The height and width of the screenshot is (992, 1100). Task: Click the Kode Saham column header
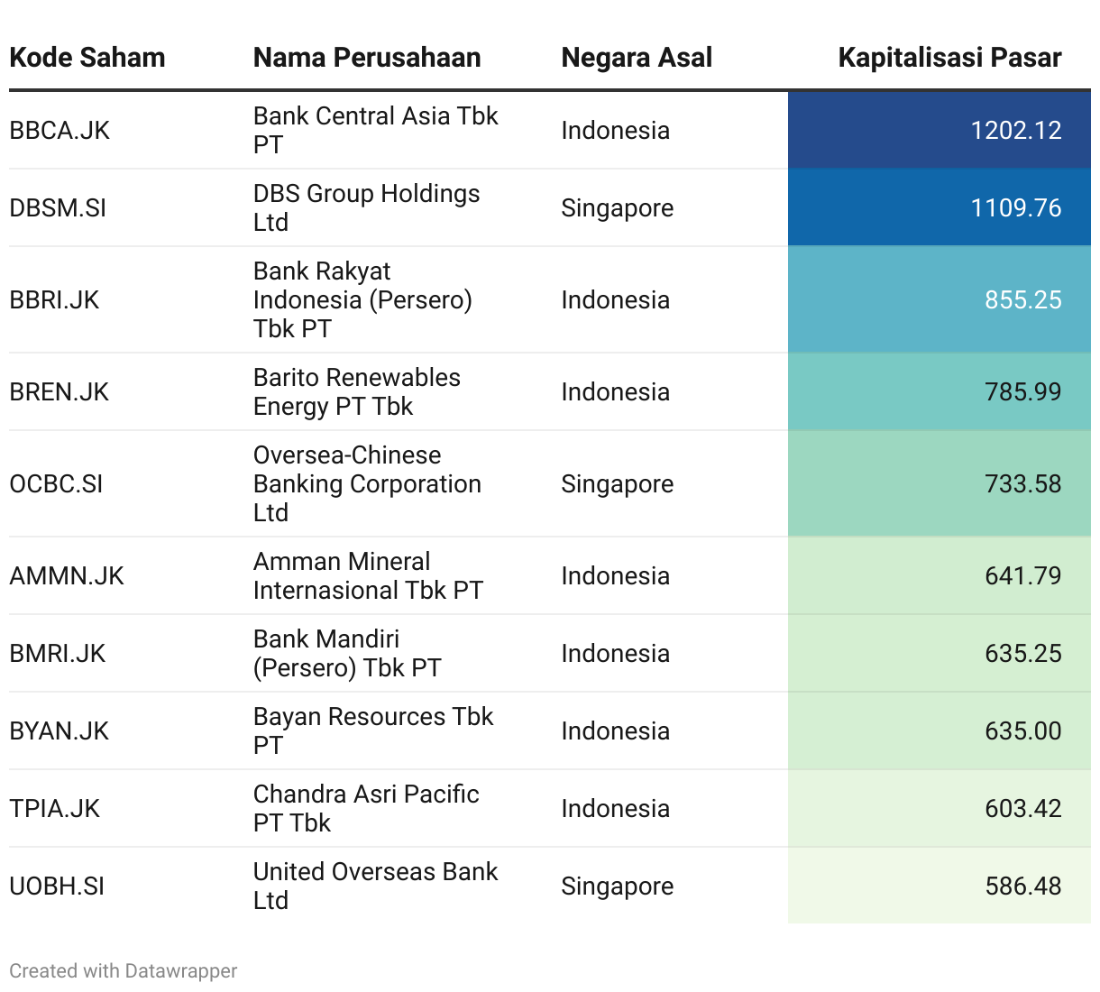coord(87,58)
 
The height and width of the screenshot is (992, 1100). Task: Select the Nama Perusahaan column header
coord(367,58)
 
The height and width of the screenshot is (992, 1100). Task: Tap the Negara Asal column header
coord(637,58)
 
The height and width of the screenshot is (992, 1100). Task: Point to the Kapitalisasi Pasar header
coord(949,58)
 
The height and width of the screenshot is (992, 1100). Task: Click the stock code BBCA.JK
coord(60,131)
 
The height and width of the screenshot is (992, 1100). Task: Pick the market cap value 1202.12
coord(1016,131)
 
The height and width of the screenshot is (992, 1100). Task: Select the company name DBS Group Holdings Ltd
coord(366,207)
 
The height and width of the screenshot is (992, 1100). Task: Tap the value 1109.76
coord(1016,208)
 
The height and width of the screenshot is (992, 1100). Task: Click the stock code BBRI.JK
coord(54,300)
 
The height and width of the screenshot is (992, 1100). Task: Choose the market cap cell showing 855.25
coord(1022,300)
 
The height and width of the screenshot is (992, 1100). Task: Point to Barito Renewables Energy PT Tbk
coord(356,391)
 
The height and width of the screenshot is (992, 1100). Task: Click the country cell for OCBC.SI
coord(617,484)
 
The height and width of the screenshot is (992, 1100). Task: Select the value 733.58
coord(1022,484)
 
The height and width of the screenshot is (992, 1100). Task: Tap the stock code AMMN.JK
coord(67,576)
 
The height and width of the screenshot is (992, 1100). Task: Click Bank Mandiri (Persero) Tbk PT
coord(347,653)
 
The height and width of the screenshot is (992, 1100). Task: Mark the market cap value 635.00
coord(1022,731)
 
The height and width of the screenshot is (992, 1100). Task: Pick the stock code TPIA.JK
coord(54,809)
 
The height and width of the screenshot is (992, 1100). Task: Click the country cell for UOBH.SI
coord(617,886)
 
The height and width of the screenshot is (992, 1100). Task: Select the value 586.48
coord(1022,886)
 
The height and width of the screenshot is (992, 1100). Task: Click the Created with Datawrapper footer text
coord(124,971)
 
